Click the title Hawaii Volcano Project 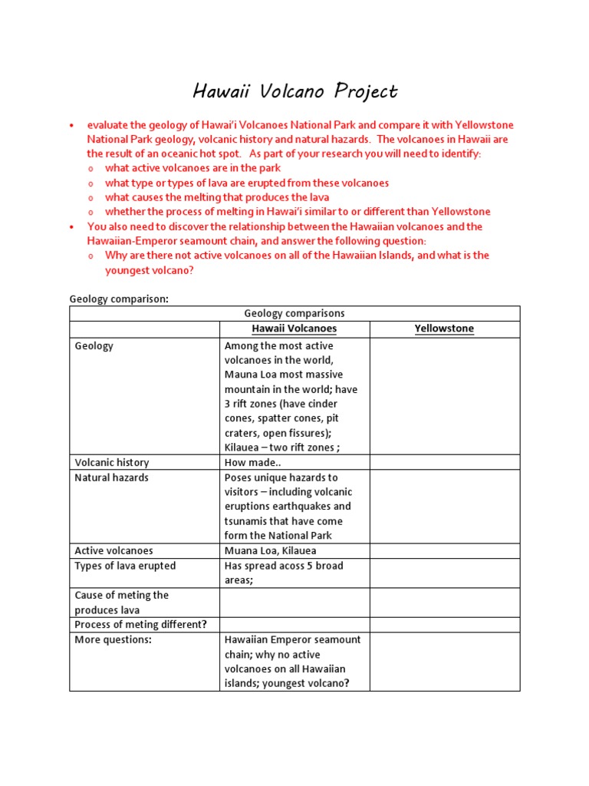pos(294,92)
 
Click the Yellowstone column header pos(444,329)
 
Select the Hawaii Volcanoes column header pos(294,329)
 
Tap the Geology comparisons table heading pos(294,313)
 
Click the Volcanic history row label pos(112,463)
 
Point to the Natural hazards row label pos(112,477)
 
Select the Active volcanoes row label pos(114,550)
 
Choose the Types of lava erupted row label pos(125,566)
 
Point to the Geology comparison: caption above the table pos(119,299)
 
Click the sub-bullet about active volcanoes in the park pos(192,168)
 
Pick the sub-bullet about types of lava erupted pos(247,183)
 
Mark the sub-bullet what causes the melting pos(217,197)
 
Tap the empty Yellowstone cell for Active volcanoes pos(444,550)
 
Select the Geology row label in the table pos(94,346)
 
